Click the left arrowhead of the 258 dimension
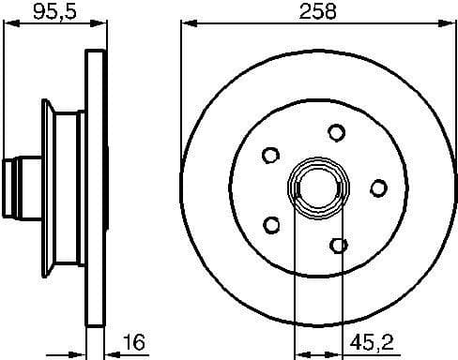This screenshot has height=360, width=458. point(184,22)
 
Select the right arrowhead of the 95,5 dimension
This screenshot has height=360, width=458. point(96,22)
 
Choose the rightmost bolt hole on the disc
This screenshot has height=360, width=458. point(377,188)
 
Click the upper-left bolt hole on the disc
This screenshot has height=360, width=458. point(271,154)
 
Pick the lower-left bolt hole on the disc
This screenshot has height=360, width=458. point(272,224)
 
